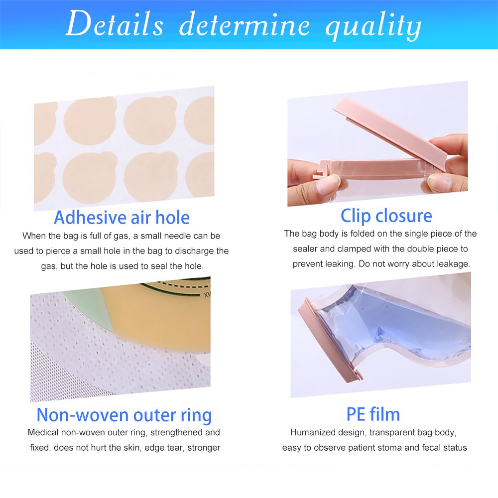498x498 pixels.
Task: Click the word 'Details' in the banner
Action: pos(115,23)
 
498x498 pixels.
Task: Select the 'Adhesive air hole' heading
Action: pos(122,218)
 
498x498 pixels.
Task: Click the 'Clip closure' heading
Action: pos(386,216)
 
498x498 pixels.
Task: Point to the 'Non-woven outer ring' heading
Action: pos(124,415)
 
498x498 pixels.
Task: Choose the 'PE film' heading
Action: pos(373,414)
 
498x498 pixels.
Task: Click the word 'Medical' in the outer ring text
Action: pos(43,433)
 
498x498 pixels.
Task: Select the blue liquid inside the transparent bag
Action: pos(394,327)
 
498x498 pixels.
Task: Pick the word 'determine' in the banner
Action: pos(245,24)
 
